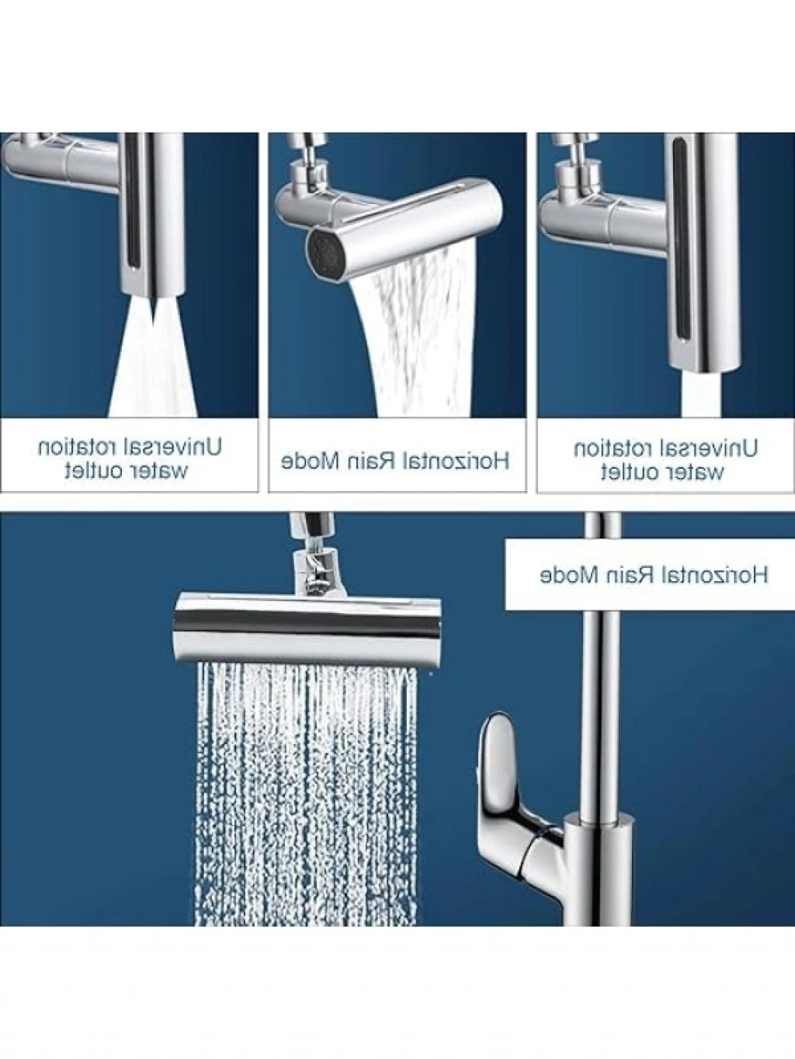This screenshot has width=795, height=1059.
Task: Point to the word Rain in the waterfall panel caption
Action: click(x=377, y=462)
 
